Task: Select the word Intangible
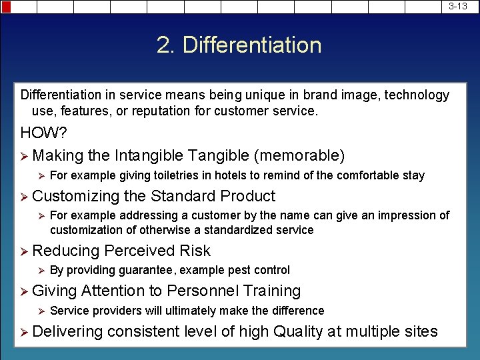(x=149, y=156)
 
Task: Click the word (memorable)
(x=299, y=156)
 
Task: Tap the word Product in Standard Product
(x=247, y=196)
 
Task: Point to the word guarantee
(x=145, y=270)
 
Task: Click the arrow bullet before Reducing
(x=25, y=251)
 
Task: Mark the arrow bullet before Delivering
(x=25, y=331)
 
